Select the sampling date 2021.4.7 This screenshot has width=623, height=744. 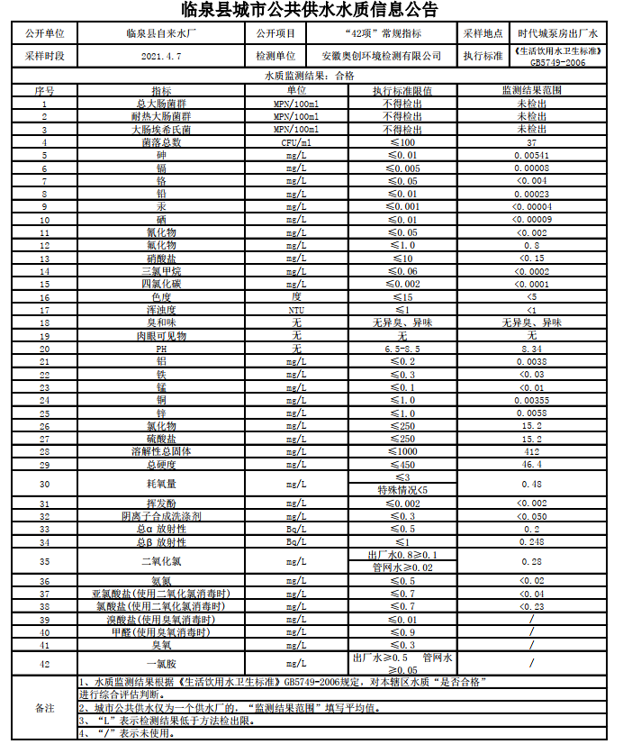[x=162, y=56]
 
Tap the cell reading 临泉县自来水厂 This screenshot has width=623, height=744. [x=162, y=32]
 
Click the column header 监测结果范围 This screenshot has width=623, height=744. [x=531, y=91]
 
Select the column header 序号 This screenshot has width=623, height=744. [x=44, y=91]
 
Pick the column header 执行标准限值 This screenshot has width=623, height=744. [x=402, y=91]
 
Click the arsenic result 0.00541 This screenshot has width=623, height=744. [x=531, y=155]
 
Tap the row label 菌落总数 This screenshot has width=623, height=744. [x=161, y=142]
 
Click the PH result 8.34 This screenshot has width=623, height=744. [x=531, y=348]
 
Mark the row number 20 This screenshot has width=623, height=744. [x=44, y=348]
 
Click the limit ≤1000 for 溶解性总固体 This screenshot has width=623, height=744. [x=402, y=450]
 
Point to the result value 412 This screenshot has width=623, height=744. [x=531, y=450]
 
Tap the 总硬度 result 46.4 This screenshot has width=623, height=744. [x=531, y=464]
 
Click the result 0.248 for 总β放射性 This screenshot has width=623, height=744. [x=531, y=542]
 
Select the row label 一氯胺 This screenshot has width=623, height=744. [x=161, y=664]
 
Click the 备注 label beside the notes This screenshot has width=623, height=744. [x=44, y=708]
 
